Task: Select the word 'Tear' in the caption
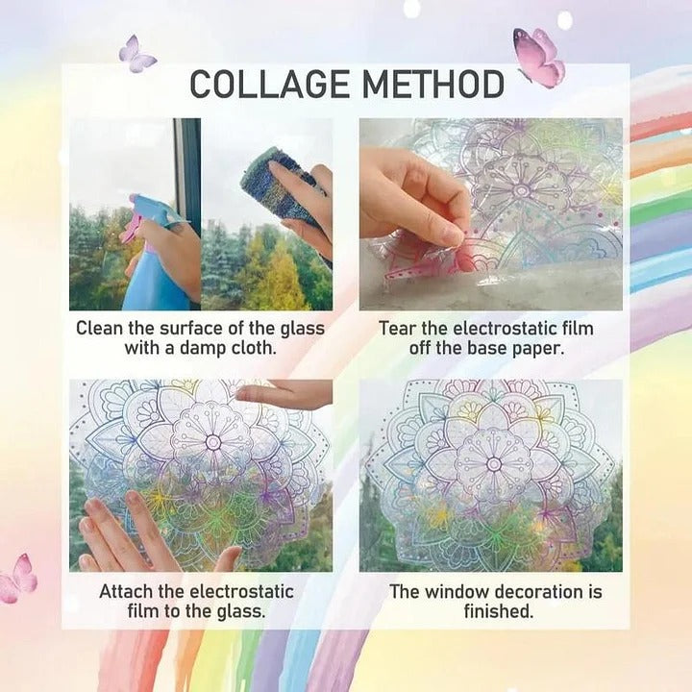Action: (x=398, y=329)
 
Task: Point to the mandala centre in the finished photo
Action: (x=494, y=463)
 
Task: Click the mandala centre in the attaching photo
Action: (x=213, y=442)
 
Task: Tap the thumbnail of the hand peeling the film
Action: (x=490, y=213)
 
